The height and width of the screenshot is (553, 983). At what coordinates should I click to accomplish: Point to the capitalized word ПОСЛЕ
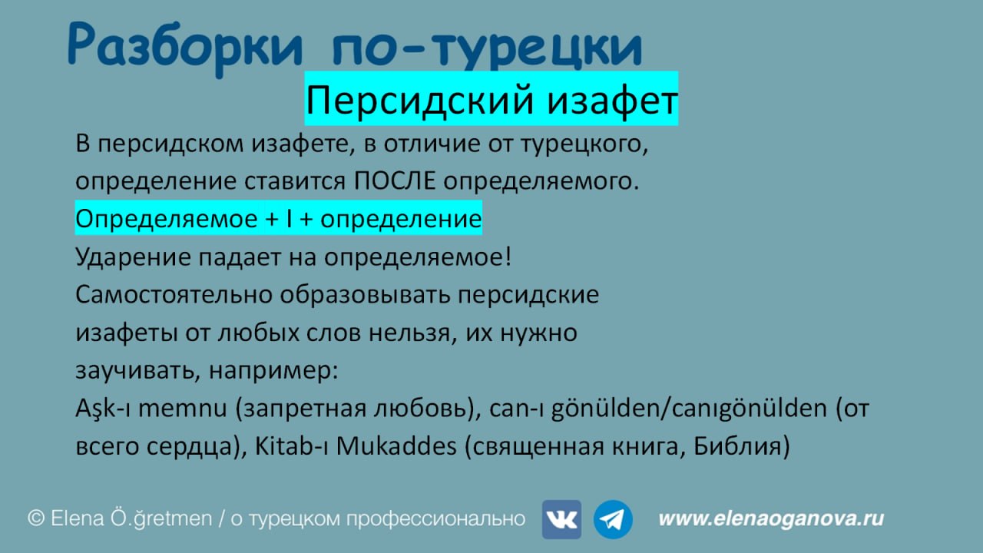pos(395,180)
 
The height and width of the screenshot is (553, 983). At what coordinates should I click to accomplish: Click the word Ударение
pos(133,257)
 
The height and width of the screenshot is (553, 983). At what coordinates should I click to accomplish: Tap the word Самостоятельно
pos(174,294)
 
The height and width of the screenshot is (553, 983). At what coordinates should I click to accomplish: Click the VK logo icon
pos(561,519)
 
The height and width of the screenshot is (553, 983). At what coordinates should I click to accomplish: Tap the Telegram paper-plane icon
pos(613,519)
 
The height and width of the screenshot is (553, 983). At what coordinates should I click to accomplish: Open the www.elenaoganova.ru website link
pos(771,518)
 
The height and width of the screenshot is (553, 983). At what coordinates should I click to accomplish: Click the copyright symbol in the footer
pos(36,518)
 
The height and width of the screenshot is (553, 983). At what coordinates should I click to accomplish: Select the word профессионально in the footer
pos(435,519)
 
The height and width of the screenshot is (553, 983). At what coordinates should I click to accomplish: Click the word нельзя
pos(409,333)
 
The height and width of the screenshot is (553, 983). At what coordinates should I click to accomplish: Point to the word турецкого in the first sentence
pos(584,144)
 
